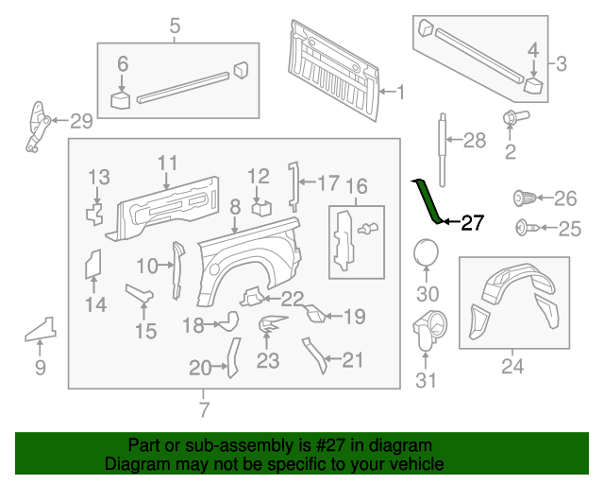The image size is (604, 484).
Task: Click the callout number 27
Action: pyautogui.click(x=472, y=224)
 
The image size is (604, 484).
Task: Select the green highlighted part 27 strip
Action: pyautogui.click(x=427, y=199)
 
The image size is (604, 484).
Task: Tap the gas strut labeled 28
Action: pyautogui.click(x=442, y=142)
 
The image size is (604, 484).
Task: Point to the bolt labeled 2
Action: pyautogui.click(x=512, y=119)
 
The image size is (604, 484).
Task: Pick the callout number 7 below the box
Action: pyautogui.click(x=204, y=409)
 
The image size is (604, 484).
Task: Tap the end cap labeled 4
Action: pyautogui.click(x=533, y=86)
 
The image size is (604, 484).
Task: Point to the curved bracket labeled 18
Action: pyautogui.click(x=227, y=323)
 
